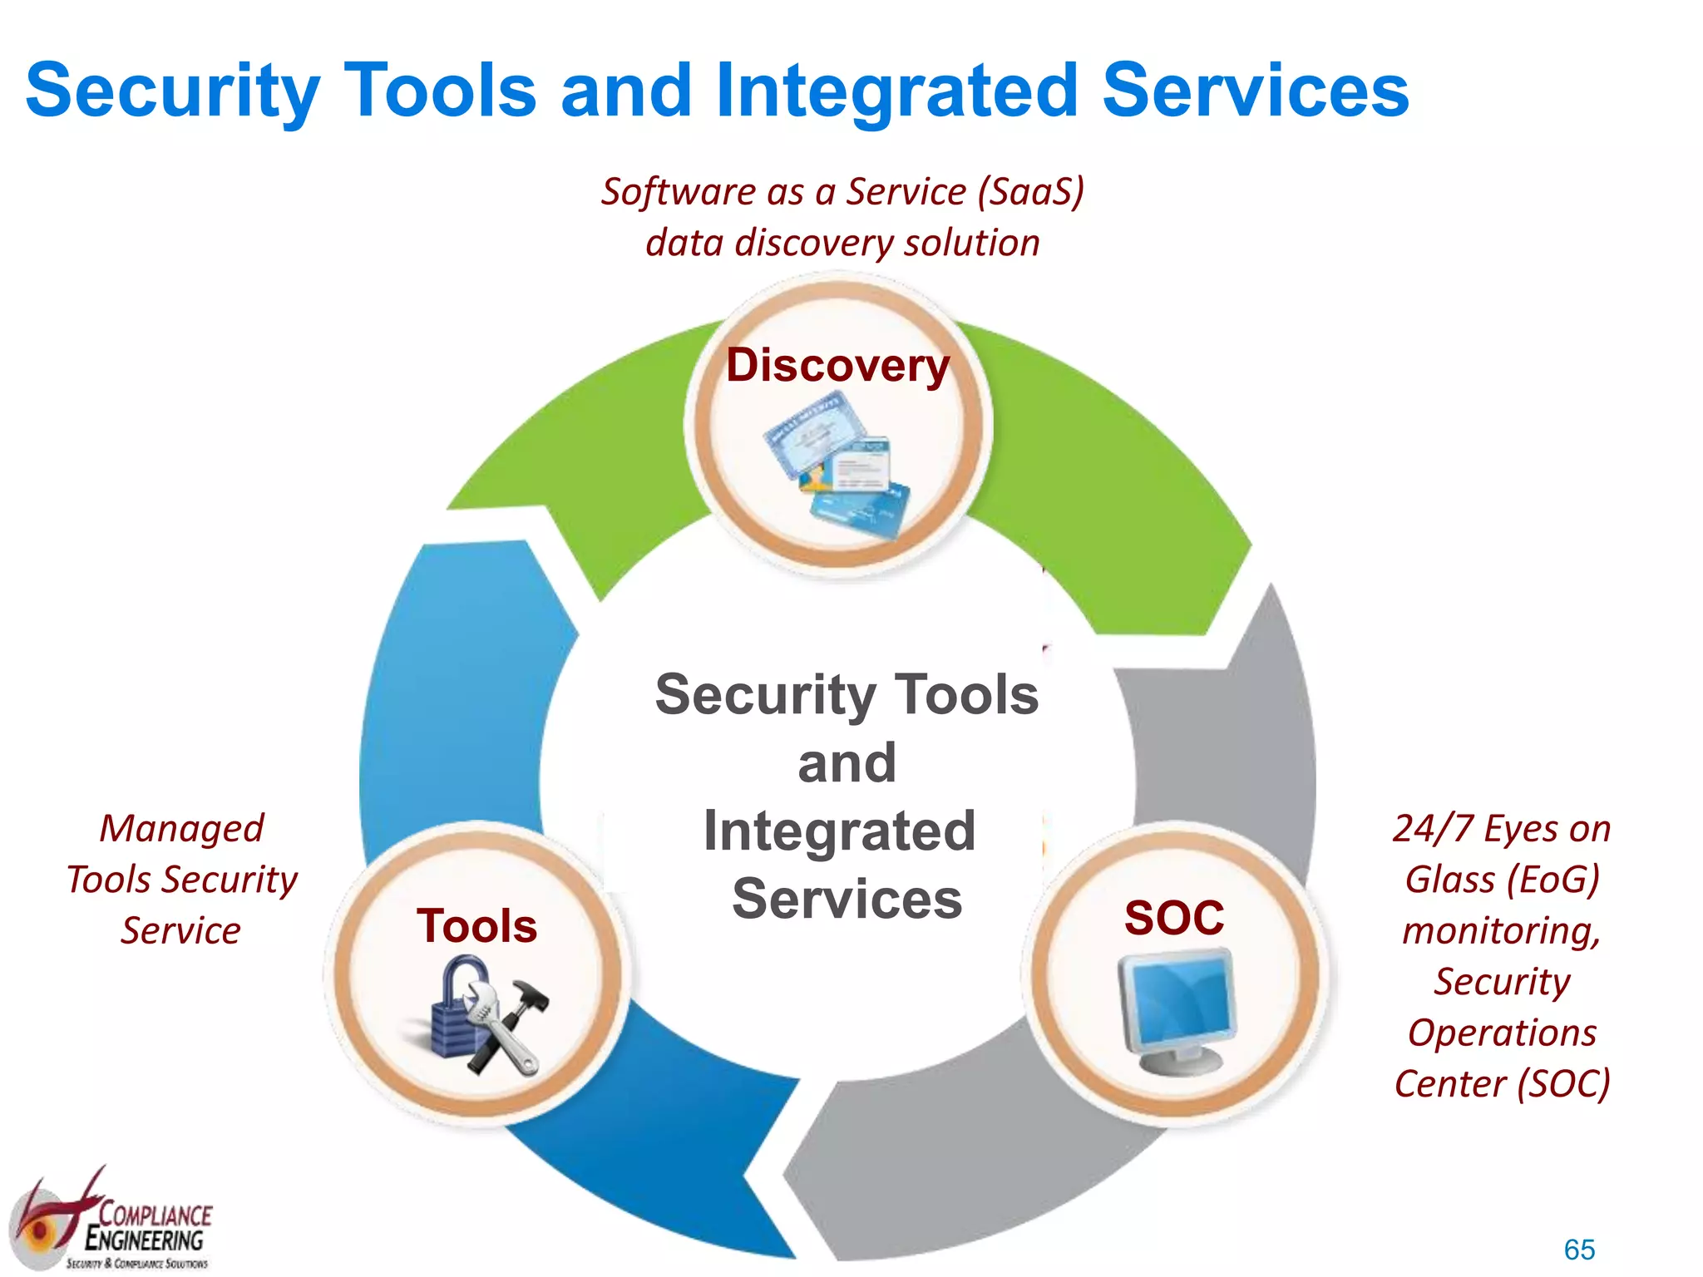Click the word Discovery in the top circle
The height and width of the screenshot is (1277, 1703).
837,366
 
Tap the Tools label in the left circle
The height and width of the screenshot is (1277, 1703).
476,926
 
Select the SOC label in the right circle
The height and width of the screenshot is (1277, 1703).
1173,918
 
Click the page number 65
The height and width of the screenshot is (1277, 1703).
1578,1250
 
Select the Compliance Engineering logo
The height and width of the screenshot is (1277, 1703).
112,1222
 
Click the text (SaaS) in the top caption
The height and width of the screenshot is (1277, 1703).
1031,191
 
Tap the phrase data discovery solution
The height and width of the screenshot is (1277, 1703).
842,243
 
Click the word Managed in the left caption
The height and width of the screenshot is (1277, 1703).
181,829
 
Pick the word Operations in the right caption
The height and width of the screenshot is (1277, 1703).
1502,1033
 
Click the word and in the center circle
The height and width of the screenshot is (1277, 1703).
847,763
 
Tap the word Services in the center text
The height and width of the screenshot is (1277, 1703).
847,900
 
